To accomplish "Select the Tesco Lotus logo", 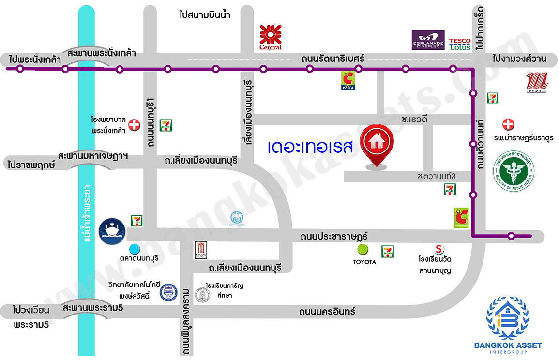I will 460,44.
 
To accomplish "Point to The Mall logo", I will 536,82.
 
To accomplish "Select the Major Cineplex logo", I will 200,250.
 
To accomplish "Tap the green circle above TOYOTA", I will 362,250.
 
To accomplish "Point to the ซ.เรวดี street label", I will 412,119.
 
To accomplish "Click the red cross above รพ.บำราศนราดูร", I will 508,124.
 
